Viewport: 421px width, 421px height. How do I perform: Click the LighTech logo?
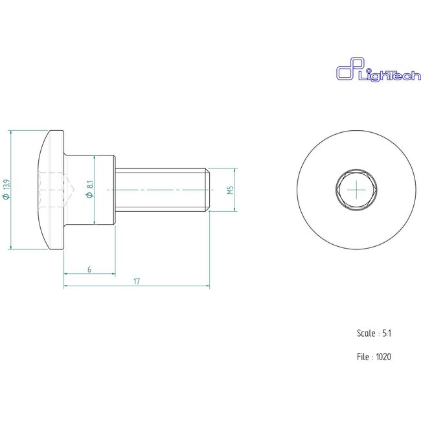pyautogui.click(x=366, y=71)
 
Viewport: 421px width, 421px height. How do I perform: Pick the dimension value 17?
pyautogui.click(x=137, y=281)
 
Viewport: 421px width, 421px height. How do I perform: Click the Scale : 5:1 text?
pyautogui.click(x=374, y=333)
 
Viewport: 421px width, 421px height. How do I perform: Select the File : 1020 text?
pyautogui.click(x=374, y=356)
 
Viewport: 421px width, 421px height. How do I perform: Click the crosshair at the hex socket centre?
pyautogui.click(x=357, y=190)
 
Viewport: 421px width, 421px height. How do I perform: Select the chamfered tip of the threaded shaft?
pyautogui.click(x=208, y=190)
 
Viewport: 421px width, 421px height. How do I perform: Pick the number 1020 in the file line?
pyautogui.click(x=383, y=356)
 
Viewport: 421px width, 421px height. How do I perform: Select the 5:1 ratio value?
pyautogui.click(x=387, y=333)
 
